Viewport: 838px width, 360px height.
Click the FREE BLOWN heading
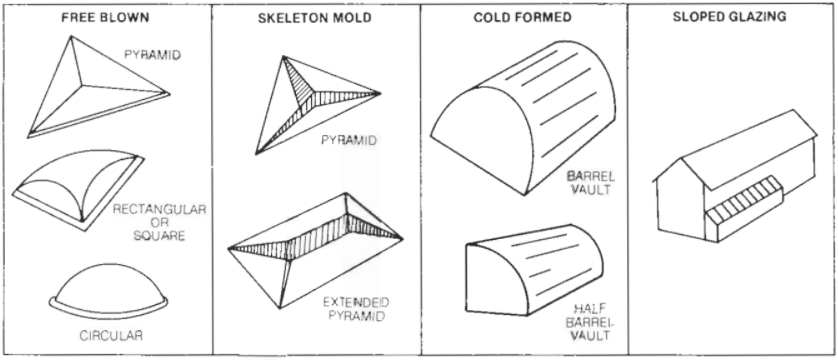pyautogui.click(x=105, y=18)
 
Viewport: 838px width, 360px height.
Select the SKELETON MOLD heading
pyautogui.click(x=315, y=18)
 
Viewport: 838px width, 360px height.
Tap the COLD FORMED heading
pyautogui.click(x=522, y=18)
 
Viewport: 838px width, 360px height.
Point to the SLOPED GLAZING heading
pyautogui.click(x=729, y=17)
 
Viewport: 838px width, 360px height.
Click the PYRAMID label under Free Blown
pyautogui.click(x=152, y=54)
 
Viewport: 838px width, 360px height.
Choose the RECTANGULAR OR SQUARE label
pyautogui.click(x=159, y=222)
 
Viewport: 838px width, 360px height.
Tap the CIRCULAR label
pyautogui.click(x=111, y=336)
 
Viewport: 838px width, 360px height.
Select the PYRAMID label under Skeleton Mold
pyautogui.click(x=348, y=140)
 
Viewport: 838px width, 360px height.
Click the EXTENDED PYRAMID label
pyautogui.click(x=356, y=309)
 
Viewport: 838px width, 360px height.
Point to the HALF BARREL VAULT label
pyautogui.click(x=589, y=322)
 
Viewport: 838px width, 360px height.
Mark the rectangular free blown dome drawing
pyautogui.click(x=78, y=190)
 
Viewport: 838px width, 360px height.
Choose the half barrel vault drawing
pyautogui.click(x=534, y=269)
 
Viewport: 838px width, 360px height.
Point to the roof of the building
pyautogui.click(x=749, y=149)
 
